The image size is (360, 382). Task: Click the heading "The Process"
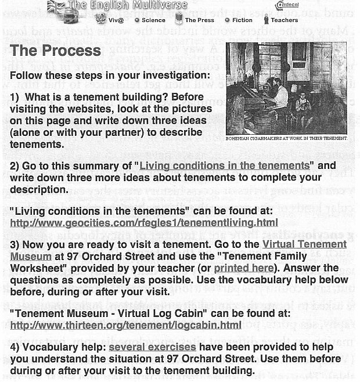(x=56, y=52)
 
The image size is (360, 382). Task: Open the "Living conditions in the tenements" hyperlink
(x=224, y=166)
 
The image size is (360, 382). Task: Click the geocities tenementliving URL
(x=143, y=223)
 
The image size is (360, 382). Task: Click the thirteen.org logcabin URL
(x=125, y=325)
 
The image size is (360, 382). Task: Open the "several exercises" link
(x=152, y=347)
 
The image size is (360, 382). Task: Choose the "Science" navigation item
(x=153, y=20)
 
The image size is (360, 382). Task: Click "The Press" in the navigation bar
(x=199, y=20)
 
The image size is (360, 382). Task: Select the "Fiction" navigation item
(x=242, y=20)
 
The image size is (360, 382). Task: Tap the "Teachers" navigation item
(x=284, y=20)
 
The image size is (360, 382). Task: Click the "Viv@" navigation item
(x=116, y=20)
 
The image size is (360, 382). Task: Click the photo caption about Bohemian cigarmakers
(x=286, y=138)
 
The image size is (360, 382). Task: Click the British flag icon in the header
(x=56, y=6)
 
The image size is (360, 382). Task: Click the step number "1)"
(x=15, y=98)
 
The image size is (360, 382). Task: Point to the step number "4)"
(x=15, y=347)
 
